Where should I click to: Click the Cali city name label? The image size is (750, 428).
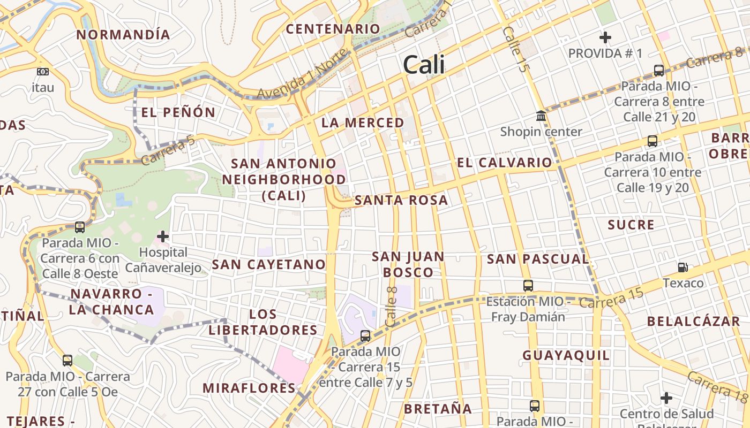click(424, 65)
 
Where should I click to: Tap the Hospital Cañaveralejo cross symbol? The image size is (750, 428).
click(163, 236)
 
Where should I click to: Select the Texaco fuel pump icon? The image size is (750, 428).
click(683, 267)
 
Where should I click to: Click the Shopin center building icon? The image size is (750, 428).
click(541, 116)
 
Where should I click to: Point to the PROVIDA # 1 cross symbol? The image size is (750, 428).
click(605, 37)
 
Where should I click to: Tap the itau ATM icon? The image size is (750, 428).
click(43, 72)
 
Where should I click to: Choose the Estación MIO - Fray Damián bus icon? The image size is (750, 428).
click(528, 286)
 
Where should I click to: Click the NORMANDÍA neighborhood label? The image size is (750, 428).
click(123, 35)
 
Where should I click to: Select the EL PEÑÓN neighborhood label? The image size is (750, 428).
click(178, 112)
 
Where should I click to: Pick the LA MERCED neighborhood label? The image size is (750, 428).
click(363, 123)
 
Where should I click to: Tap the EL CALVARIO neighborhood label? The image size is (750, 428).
click(504, 163)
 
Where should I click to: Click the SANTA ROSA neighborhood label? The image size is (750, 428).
click(401, 200)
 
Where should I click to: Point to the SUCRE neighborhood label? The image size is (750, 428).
click(631, 225)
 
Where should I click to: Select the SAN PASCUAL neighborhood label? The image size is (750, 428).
click(537, 259)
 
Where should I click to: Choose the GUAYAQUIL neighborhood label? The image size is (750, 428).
click(566, 355)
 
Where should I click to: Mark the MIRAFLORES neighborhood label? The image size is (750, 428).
click(249, 388)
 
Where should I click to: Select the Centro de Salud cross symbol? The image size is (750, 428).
click(666, 398)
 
